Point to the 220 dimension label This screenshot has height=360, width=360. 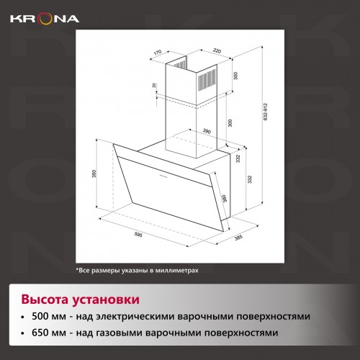[x=215, y=51]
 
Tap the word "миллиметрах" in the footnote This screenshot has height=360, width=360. [x=172, y=270]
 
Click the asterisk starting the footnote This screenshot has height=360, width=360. [x=77, y=269]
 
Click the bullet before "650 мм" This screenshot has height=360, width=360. [x=25, y=334]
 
